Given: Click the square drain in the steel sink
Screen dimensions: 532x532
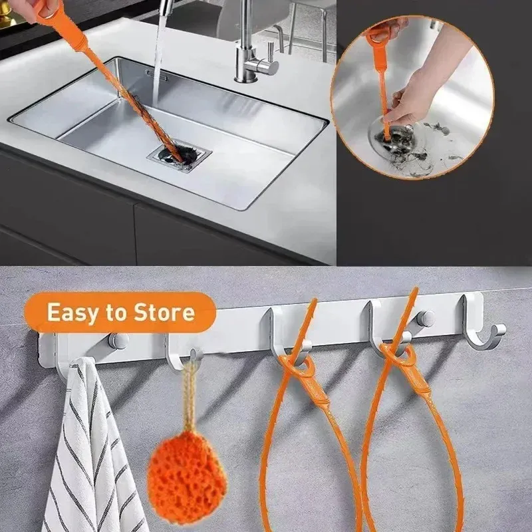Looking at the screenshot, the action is tap(180, 156).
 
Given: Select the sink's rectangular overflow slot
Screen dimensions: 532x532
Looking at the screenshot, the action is tap(156, 75).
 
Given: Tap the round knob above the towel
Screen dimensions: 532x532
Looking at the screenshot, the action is tap(118, 340).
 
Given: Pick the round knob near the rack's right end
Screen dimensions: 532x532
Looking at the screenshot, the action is tap(426, 319).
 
